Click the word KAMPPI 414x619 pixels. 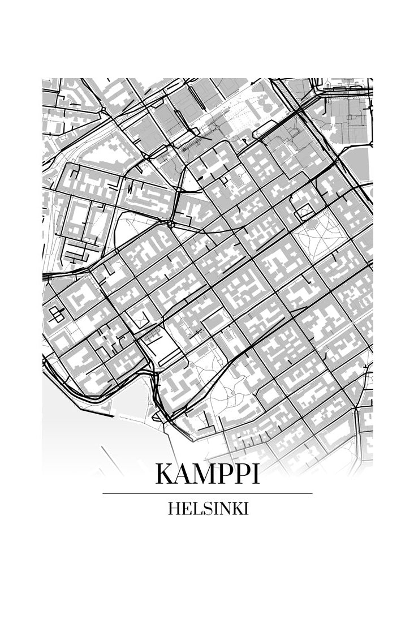[208, 474]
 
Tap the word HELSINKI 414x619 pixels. [208, 509]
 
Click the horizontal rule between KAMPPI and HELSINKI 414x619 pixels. [208, 493]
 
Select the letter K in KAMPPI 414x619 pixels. [165, 474]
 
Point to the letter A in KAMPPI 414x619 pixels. [182, 474]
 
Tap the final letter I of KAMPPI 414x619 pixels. [256, 474]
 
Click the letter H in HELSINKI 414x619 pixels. [173, 509]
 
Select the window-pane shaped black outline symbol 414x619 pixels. [57, 313]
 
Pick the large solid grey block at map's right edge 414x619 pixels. [357, 164]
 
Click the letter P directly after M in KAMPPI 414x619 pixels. [223, 474]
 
